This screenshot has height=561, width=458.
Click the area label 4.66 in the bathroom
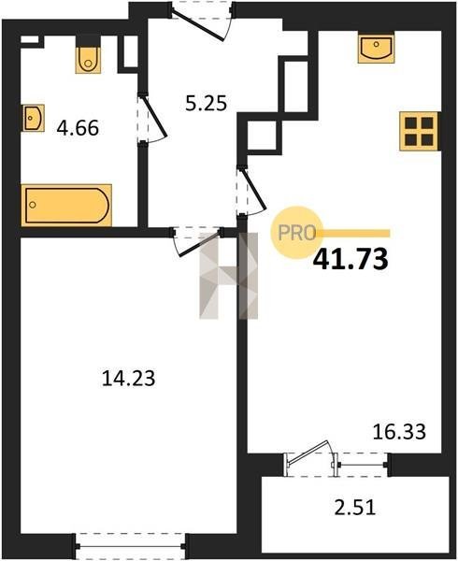coord(78,128)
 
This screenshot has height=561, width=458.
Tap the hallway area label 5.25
coord(206,103)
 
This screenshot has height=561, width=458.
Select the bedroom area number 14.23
coord(129,379)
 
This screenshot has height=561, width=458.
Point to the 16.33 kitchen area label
coord(399,431)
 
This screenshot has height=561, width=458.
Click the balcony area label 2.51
coord(355,508)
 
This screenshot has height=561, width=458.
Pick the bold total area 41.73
coord(351,259)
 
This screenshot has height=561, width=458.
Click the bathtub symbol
coord(66,206)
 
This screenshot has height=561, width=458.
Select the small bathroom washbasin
coord(33,118)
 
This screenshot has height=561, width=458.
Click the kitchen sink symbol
coord(376,48)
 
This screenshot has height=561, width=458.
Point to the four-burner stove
coord(419,131)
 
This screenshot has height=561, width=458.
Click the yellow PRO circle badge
coord(296,233)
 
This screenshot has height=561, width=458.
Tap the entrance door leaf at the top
coord(197,25)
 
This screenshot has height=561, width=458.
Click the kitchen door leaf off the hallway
coord(254,189)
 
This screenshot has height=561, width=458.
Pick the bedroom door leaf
coord(199,244)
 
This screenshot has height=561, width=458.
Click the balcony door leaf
coord(308,453)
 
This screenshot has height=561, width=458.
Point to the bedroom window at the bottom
coord(131,546)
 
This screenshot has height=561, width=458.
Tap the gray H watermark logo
coord(228,276)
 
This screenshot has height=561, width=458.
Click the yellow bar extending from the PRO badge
coord(355,234)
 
